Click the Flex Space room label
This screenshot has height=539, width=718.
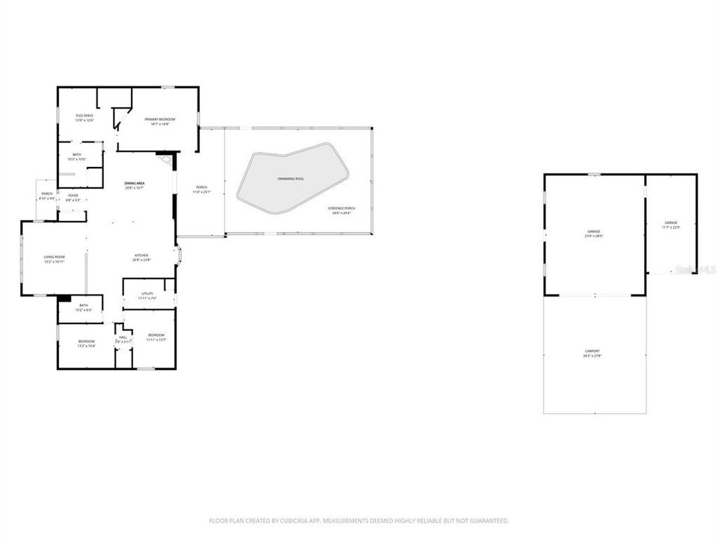pos(84,115)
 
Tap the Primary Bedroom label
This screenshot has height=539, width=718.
pos(160,119)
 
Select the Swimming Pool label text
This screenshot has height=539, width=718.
pos(291,180)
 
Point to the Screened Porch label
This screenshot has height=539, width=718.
pos(340,209)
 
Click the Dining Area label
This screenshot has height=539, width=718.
pos(134,183)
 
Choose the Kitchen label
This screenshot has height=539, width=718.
pos(142,255)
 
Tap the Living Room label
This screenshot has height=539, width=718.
pos(54,257)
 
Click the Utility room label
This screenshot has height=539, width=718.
pos(147,293)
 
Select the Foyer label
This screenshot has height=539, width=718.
pos(73,196)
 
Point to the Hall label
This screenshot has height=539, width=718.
pos(123,338)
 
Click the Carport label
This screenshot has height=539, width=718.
pos(592,351)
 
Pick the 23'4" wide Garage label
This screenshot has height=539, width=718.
pos(593,231)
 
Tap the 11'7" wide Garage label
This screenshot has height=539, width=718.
pos(671,223)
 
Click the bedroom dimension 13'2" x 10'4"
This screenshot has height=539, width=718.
pos(87,346)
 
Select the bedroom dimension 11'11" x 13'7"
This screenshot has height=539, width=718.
pos(156,339)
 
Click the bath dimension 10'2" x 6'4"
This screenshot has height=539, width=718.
pos(84,309)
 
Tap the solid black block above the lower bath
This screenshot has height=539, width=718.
pos(64,298)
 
